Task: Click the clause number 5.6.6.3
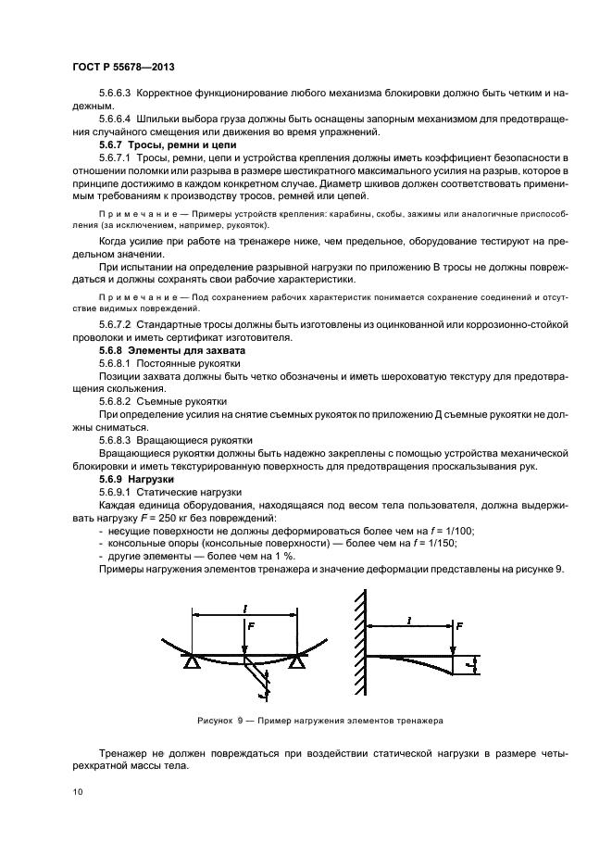(117, 94)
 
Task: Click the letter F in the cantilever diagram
(460, 626)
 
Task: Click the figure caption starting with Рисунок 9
(320, 719)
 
